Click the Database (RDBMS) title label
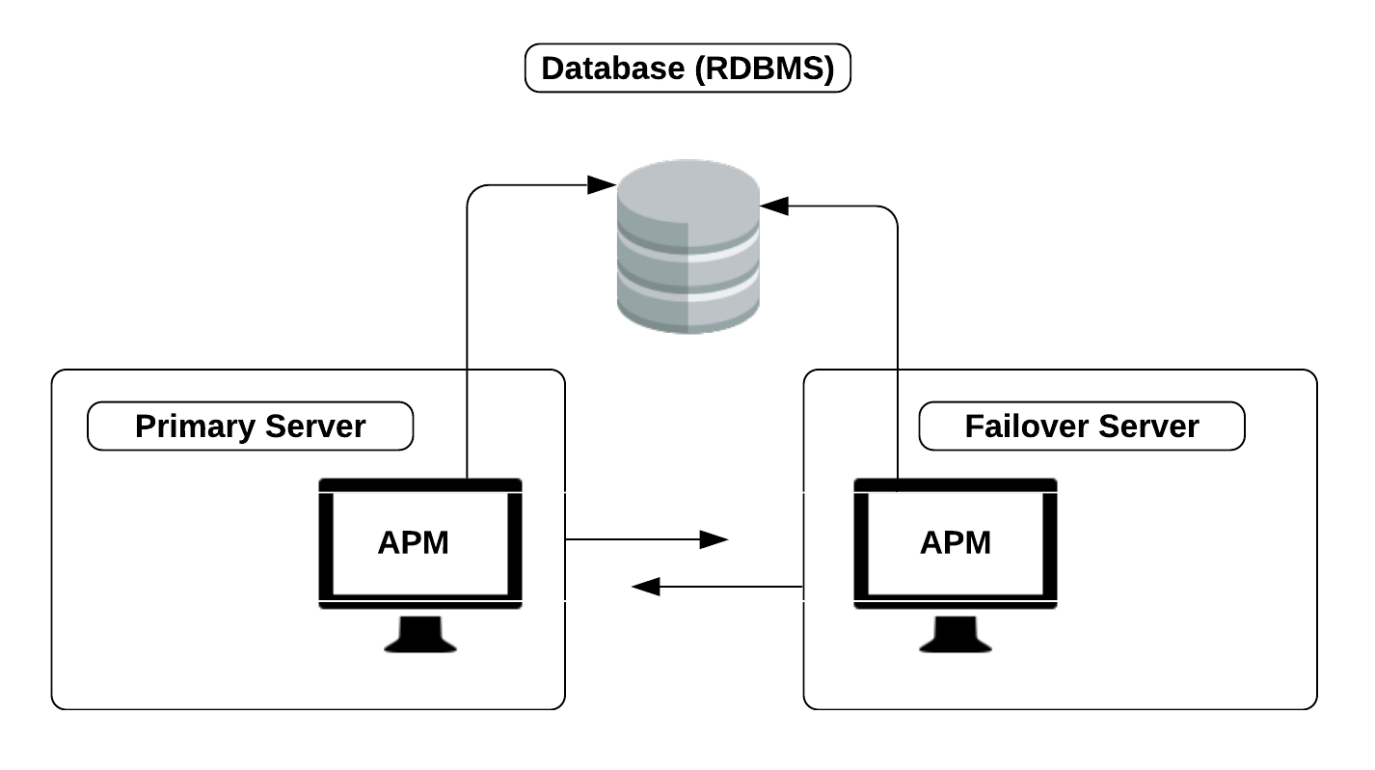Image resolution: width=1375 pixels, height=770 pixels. coord(687,69)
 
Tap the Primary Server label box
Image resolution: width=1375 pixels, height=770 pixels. coord(250,426)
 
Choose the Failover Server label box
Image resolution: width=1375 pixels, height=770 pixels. coord(1081,426)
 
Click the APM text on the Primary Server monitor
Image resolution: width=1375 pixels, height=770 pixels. coord(413,543)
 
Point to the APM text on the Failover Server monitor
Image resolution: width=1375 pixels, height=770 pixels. coord(955,543)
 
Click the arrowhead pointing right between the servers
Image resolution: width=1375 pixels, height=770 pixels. coord(714,539)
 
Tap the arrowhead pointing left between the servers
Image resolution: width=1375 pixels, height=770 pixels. coord(645,586)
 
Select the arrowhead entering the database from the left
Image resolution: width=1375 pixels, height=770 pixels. coord(602,184)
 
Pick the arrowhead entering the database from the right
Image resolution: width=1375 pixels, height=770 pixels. coord(774,206)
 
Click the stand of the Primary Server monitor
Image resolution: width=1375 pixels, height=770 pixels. coord(420,635)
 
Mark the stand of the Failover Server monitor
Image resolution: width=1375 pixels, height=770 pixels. coord(955,635)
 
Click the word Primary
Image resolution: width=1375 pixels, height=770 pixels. coord(195,426)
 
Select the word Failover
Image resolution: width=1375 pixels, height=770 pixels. coord(1024,426)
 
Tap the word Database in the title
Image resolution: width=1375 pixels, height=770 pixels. coord(608,69)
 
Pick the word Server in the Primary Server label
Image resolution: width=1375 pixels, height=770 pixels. coord(314,426)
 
